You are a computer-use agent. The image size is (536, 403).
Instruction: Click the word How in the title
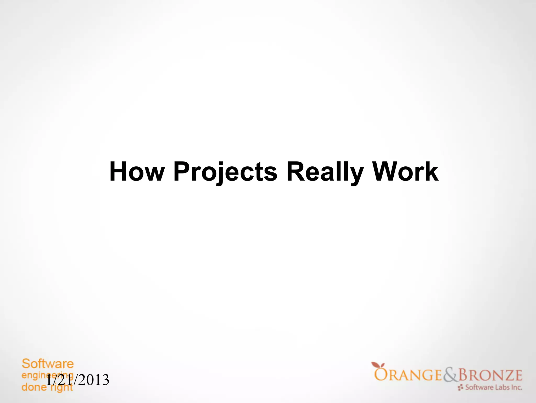137,172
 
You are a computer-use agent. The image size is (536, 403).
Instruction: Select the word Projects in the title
225,172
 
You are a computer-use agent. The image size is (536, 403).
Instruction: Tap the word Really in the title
325,172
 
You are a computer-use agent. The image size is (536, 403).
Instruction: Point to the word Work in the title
405,172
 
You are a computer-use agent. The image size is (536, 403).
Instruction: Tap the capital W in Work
387,172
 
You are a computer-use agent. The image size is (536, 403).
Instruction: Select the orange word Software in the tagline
48,364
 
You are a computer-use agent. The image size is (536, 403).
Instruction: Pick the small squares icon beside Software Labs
461,387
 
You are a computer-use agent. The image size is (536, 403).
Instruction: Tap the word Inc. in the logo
517,387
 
